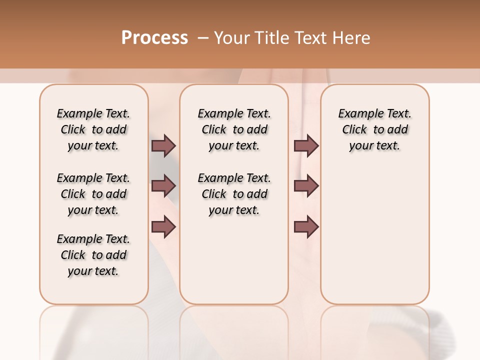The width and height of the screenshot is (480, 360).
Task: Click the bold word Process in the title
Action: pos(154,38)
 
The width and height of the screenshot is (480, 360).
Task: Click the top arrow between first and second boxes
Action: pos(163,145)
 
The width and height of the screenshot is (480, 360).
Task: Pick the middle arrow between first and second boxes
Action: pos(163,186)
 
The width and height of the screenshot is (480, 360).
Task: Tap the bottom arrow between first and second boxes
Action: pos(163,227)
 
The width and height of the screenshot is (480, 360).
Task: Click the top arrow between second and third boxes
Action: pos(306,145)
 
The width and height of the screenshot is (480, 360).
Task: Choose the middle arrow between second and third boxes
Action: pos(306,186)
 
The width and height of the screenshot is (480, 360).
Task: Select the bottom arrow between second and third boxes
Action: pos(306,227)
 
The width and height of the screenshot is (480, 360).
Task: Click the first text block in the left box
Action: pos(93,129)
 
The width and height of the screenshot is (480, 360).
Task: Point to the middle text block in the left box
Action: pos(93,194)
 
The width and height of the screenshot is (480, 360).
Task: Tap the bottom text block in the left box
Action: pos(93,255)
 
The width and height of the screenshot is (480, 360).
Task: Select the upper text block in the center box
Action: pos(234,129)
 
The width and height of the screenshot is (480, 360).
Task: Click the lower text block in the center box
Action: pos(234,194)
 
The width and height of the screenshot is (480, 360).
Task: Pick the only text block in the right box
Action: pos(374,129)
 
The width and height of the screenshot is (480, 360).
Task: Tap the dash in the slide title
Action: pos(203,38)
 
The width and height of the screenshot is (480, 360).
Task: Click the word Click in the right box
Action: pos(354,130)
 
